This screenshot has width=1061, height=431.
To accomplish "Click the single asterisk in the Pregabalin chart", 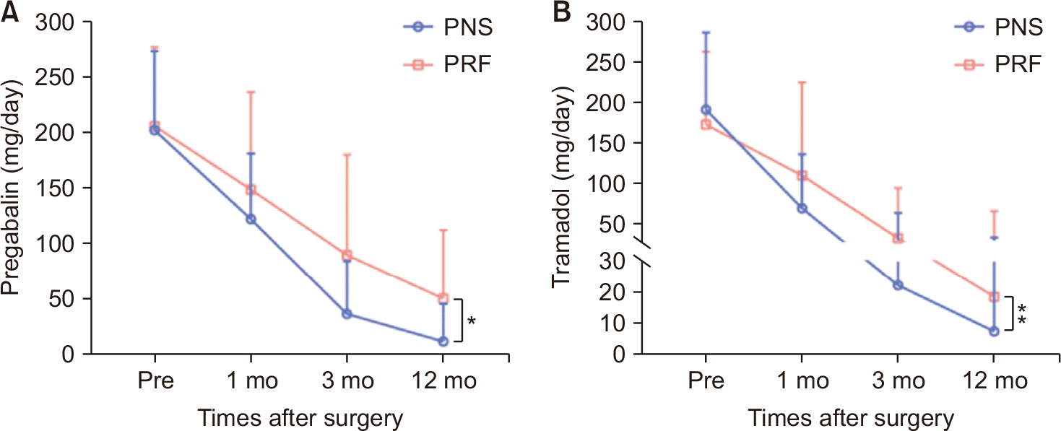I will coord(472,321).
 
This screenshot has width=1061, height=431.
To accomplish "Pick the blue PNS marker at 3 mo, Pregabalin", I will coord(347,314).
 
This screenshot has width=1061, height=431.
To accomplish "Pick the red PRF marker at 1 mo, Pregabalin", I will coord(251,190).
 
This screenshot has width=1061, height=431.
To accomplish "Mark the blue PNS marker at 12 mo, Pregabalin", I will coord(443,341).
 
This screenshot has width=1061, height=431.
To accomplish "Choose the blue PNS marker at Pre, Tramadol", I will coord(706,110).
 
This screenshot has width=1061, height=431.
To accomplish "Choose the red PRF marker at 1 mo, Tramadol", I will coord(801,175).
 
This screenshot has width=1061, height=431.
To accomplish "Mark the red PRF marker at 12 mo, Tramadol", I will coord(993,297).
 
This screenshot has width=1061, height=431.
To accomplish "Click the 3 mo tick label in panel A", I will coord(347,380).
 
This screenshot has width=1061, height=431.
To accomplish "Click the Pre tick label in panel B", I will coord(706,380).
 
